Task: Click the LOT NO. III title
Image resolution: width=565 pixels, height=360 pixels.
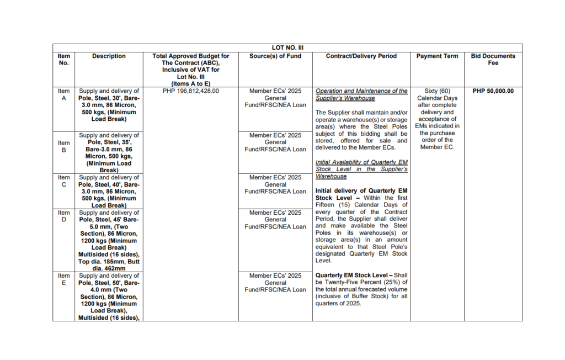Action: (287, 48)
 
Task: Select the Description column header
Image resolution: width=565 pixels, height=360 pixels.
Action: (109, 56)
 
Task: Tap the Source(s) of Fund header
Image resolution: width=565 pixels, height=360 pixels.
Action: (275, 56)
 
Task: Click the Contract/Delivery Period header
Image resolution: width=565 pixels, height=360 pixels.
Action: (361, 56)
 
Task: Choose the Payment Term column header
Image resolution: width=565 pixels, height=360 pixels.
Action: (437, 56)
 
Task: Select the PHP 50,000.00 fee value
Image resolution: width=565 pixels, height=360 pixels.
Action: (493, 91)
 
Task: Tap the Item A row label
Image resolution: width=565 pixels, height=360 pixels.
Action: (64, 94)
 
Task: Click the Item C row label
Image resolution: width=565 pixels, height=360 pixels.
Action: (64, 181)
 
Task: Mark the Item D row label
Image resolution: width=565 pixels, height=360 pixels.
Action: (64, 216)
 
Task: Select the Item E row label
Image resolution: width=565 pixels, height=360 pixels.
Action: (64, 279)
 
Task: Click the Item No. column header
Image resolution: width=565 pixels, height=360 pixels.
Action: (64, 60)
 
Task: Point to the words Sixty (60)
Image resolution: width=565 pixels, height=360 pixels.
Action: (437, 91)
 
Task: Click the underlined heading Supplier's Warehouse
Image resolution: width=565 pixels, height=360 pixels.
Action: (345, 98)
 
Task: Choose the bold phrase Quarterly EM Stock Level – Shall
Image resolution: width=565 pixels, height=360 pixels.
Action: (361, 275)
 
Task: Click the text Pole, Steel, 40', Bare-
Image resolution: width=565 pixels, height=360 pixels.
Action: (109, 185)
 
